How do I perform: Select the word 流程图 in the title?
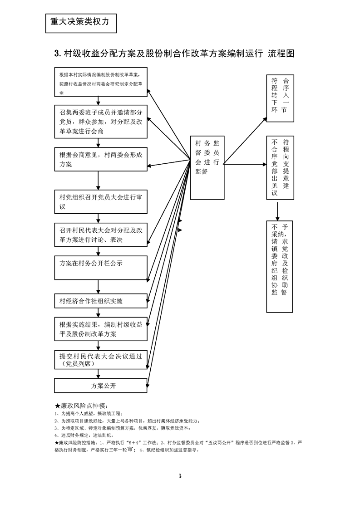281,54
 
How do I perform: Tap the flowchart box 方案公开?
101,386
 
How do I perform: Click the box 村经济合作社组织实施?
101,300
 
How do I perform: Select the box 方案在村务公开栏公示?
101,268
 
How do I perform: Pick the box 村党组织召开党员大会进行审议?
101,202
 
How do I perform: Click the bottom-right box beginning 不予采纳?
279,266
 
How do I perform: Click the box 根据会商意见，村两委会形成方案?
101,159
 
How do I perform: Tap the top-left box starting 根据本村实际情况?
101,83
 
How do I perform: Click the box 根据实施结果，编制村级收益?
101,329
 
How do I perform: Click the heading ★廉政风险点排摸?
81,405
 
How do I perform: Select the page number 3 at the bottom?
180,476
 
